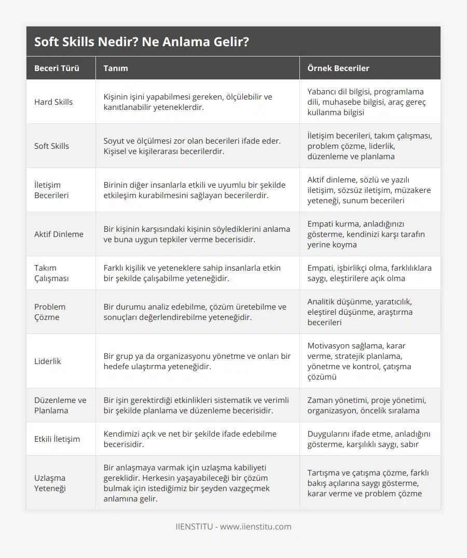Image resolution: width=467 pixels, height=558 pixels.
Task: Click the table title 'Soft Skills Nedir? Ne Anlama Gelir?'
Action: point(141,41)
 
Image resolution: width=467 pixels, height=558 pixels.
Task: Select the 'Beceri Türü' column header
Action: point(57,68)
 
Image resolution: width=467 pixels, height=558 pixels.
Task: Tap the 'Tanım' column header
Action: point(116,68)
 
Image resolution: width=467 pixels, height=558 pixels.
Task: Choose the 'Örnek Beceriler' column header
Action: point(338,68)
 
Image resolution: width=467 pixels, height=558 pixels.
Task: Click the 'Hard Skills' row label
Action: point(53,102)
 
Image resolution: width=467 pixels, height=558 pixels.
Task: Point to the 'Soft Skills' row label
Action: point(51,146)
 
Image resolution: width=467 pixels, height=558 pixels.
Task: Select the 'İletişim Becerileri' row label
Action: point(51,190)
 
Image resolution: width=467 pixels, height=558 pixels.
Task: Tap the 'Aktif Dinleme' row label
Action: point(59,234)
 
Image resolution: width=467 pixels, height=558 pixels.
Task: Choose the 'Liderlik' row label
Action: point(48,361)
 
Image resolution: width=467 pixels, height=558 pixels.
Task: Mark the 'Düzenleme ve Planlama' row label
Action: point(60,405)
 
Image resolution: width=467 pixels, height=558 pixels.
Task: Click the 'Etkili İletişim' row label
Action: point(57,439)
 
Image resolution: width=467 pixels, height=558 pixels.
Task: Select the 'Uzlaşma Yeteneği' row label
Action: point(50,483)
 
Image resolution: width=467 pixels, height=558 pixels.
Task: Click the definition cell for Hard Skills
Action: point(188,102)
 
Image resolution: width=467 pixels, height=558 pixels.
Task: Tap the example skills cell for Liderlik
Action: point(363,361)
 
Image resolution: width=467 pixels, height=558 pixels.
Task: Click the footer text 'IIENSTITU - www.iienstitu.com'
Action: point(233,526)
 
